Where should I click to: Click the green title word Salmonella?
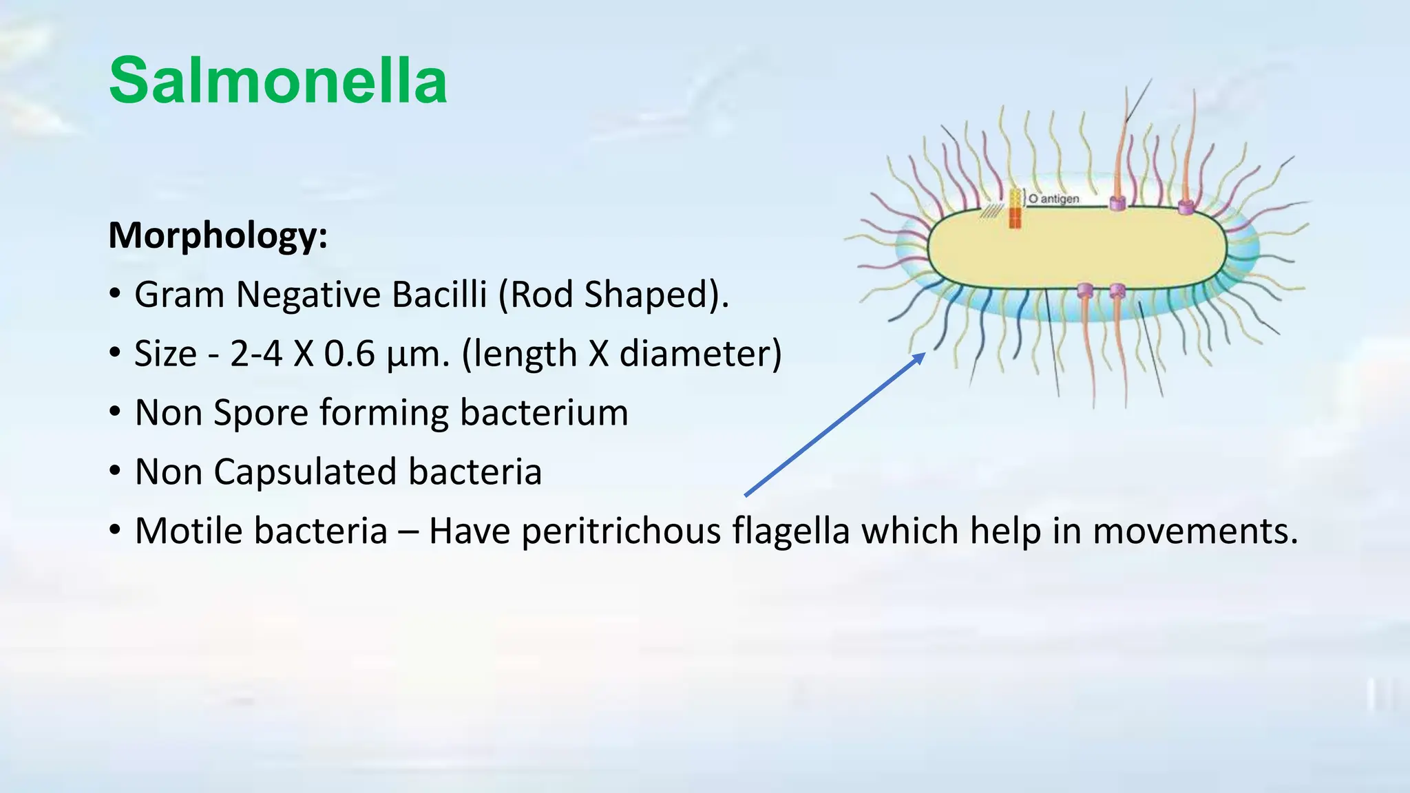pos(278,81)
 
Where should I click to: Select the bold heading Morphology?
pos(218,235)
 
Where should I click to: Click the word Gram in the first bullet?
pos(179,295)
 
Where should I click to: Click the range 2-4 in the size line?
pos(255,354)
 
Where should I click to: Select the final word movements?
pos(1195,531)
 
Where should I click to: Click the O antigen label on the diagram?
pos(1053,198)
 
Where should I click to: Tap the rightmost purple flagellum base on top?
pos(1186,207)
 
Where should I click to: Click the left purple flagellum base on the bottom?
pos(1085,290)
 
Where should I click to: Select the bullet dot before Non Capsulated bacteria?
pos(115,472)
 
